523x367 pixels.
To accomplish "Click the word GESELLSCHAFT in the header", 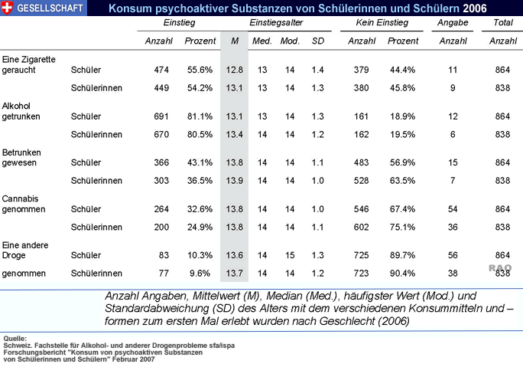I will coord(51,8).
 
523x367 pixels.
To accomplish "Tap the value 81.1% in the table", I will coord(200,116).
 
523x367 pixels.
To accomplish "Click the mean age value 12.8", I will coord(234,70).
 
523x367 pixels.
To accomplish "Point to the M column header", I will coord(234,40).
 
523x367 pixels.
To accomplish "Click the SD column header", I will coord(318,40).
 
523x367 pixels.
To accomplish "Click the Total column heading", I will coord(502,24).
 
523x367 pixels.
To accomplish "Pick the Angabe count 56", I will coord(453,254).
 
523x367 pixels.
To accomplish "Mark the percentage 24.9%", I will coord(200,226).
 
